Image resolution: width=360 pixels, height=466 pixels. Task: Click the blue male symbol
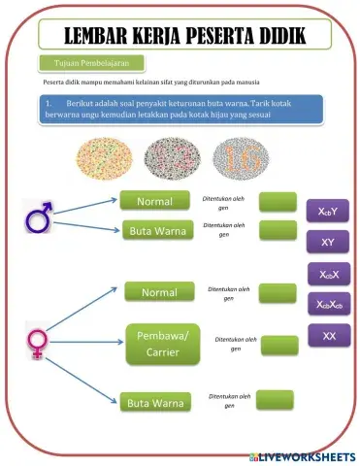click(40, 218)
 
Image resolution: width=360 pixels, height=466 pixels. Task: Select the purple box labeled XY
click(327, 241)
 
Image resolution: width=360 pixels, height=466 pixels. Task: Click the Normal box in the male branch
click(155, 201)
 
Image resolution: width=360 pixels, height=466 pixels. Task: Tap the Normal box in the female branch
click(159, 291)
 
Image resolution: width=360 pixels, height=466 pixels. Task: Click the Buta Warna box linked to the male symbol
click(158, 230)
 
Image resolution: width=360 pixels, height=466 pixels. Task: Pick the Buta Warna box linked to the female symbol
click(158, 399)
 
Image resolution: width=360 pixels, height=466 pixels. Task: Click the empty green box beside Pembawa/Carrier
click(280, 344)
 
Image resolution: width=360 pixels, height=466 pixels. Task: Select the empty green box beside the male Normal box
click(277, 201)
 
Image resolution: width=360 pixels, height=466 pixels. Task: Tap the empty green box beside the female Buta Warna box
click(275, 398)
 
